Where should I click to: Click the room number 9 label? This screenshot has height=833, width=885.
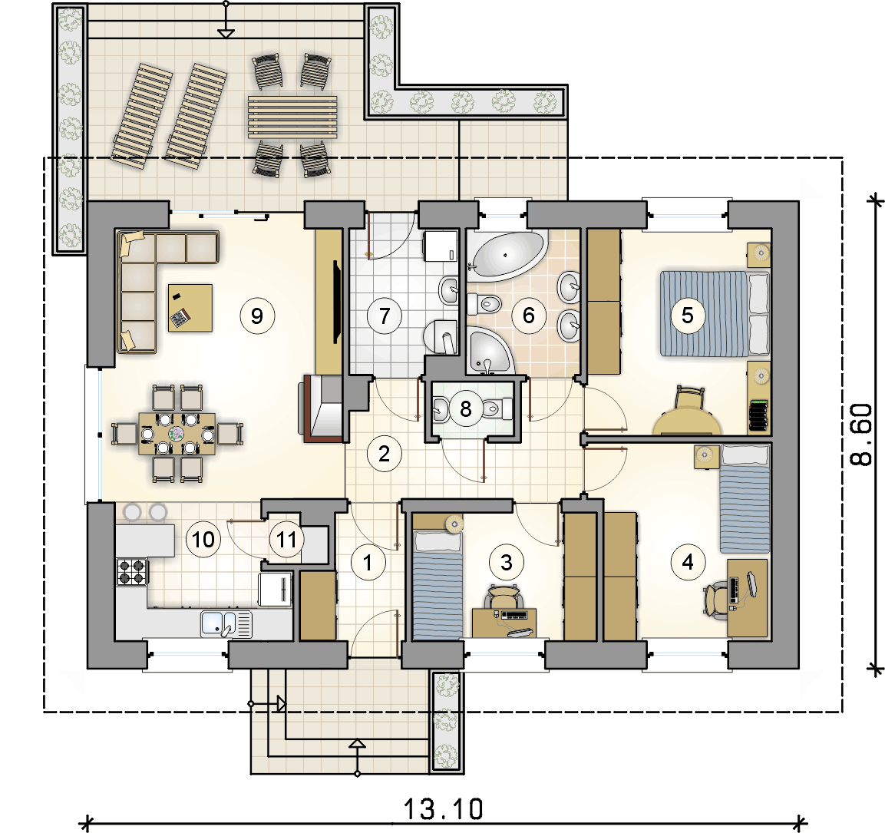[x=257, y=316]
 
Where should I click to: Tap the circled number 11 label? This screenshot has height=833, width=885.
[x=286, y=540]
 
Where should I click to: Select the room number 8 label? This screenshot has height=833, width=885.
[x=466, y=408]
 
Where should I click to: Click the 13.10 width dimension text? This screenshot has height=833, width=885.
[x=443, y=809]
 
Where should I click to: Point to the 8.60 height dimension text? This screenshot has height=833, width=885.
[x=861, y=434]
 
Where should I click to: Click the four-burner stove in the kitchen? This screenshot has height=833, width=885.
[x=132, y=571]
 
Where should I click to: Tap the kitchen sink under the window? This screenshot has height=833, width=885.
[x=226, y=624]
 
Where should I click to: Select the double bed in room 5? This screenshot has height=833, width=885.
[x=715, y=314]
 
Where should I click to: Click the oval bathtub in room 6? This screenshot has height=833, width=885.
[x=506, y=256]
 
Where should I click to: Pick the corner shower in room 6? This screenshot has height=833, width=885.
[x=489, y=350]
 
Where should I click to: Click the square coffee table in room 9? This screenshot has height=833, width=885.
[x=190, y=308]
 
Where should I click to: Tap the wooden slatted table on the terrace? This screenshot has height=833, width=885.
[x=292, y=117]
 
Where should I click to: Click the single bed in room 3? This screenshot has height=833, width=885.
[x=438, y=584]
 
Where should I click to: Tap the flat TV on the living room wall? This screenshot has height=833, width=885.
[x=337, y=302]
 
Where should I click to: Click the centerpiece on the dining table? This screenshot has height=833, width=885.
[x=177, y=434]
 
